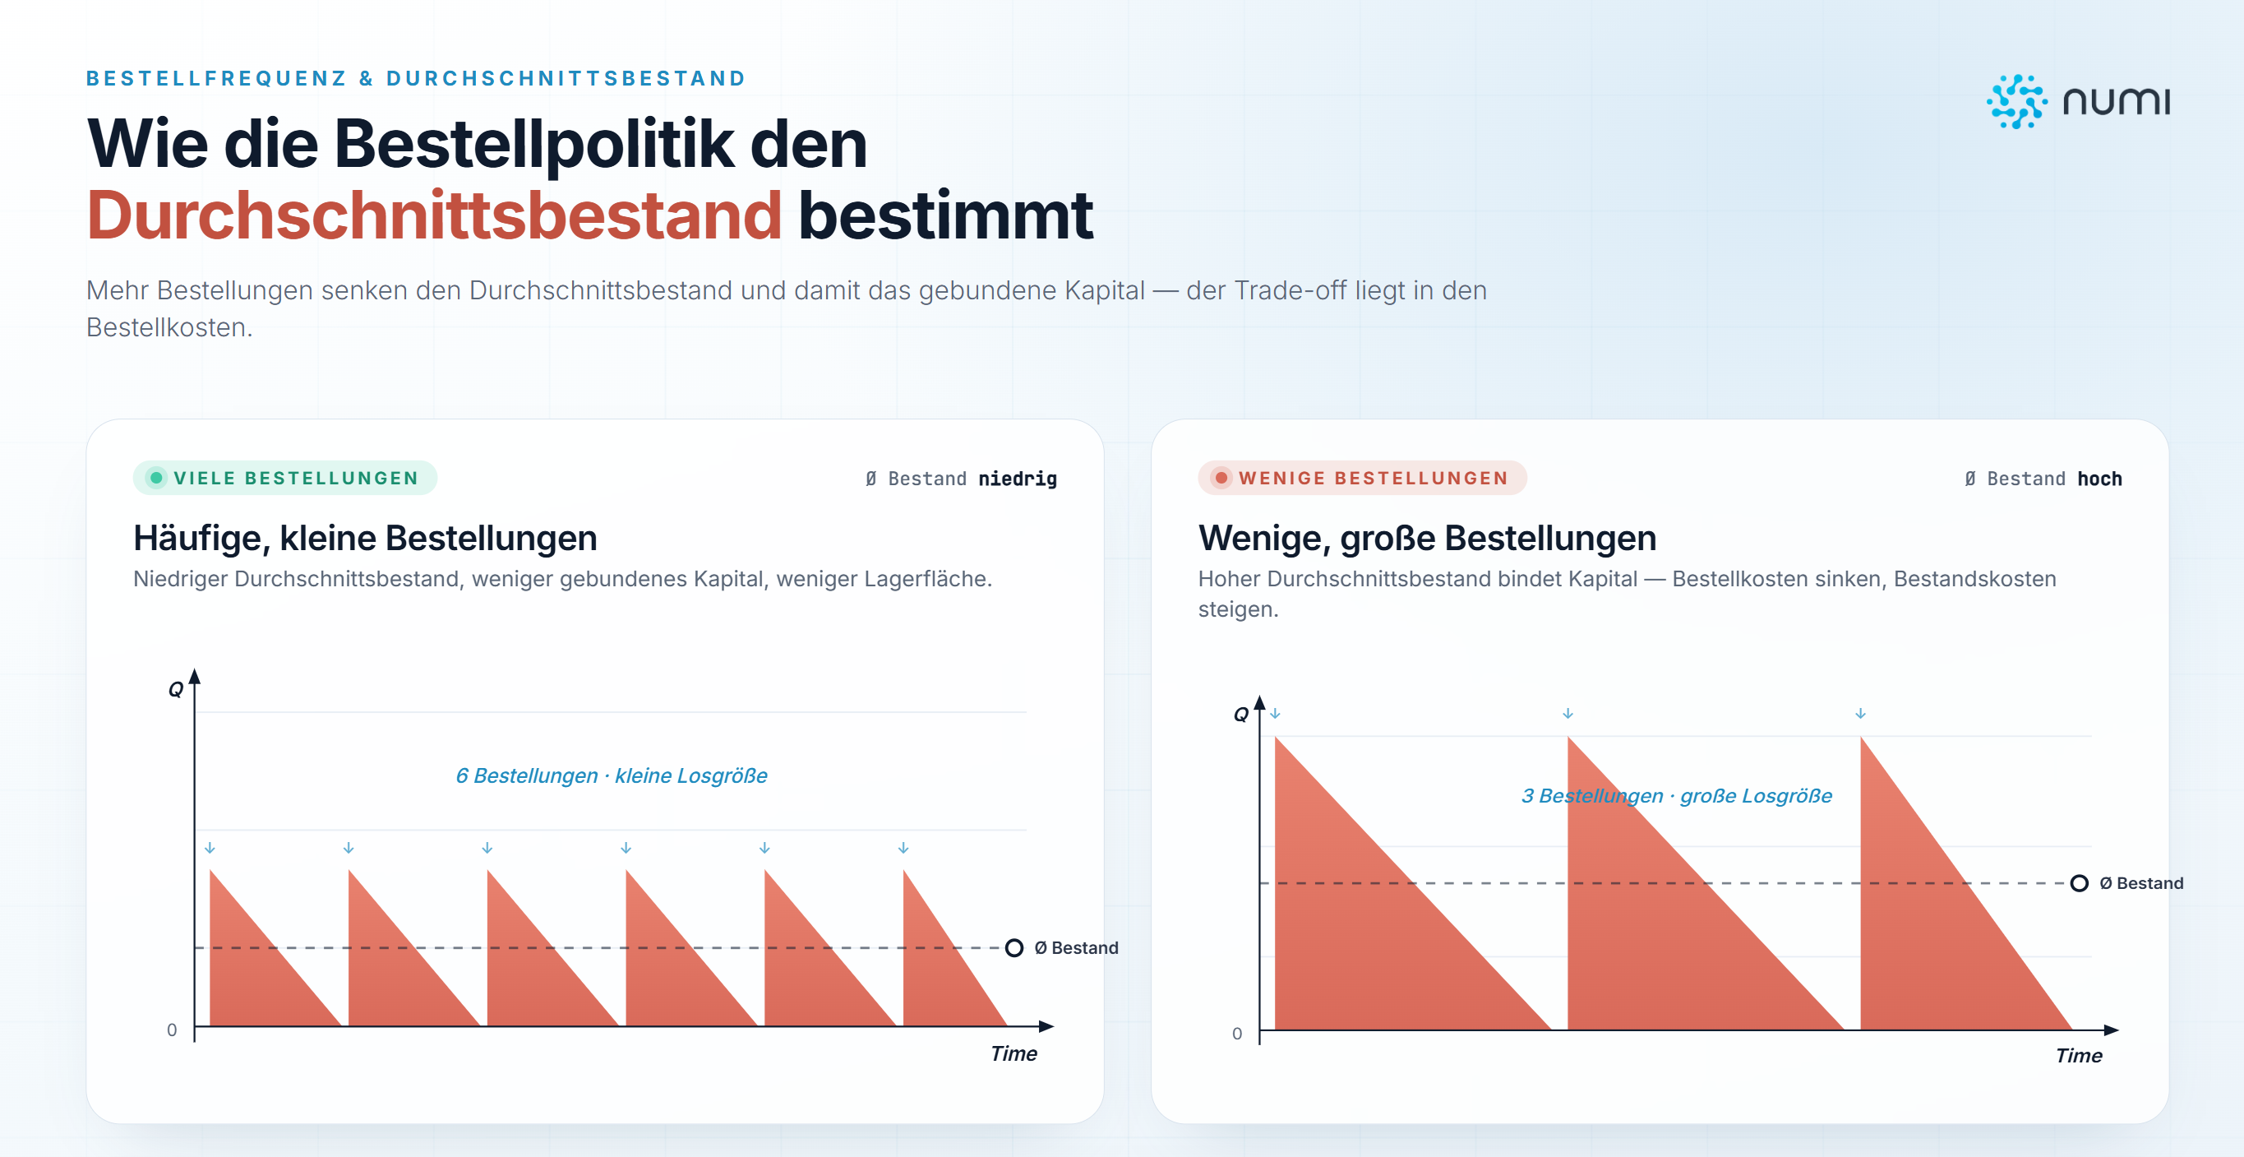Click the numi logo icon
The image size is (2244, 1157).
(2016, 102)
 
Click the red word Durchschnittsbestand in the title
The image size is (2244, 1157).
(434, 215)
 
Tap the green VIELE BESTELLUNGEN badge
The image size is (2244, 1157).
(285, 478)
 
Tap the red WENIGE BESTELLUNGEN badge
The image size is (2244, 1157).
(1363, 478)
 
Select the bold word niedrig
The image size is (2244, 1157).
(1018, 479)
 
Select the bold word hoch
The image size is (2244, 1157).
(2099, 479)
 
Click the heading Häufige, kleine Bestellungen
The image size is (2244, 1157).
(365, 539)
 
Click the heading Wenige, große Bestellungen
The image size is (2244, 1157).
(1427, 539)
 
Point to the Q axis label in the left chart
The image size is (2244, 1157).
(176, 690)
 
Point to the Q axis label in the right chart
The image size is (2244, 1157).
(1241, 715)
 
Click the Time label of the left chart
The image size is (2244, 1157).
(1014, 1053)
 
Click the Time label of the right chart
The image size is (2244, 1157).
(2079, 1055)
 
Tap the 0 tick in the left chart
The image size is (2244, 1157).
(172, 1030)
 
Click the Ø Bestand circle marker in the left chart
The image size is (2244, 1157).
(1014, 948)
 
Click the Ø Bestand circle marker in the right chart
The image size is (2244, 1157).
(2079, 883)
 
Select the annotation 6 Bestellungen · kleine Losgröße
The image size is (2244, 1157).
(612, 775)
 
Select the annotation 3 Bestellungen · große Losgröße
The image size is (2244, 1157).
(1677, 795)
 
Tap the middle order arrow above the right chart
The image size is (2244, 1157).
(1568, 714)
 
